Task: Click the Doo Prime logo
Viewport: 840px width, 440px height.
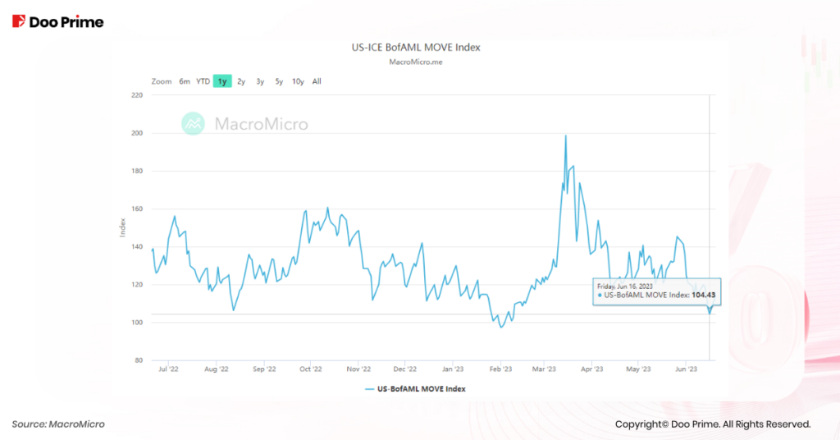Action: point(58,22)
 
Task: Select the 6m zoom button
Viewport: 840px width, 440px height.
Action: point(185,81)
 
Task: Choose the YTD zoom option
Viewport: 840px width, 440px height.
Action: point(203,81)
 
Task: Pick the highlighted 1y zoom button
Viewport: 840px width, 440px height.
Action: point(222,81)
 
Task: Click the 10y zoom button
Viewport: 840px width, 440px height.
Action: point(298,81)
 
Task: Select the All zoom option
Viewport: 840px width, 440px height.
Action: point(317,81)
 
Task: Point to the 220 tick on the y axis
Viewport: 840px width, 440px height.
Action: point(137,95)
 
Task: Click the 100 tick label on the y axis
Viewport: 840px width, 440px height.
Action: point(137,323)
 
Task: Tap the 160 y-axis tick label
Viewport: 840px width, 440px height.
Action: point(137,209)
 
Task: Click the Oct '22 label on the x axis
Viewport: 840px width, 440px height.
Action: point(311,369)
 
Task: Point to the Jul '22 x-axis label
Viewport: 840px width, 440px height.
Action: point(168,369)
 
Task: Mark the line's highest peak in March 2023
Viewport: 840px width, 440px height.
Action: point(566,136)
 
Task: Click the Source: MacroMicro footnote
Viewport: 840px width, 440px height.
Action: point(58,424)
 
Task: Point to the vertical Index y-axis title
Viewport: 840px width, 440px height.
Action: point(122,228)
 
